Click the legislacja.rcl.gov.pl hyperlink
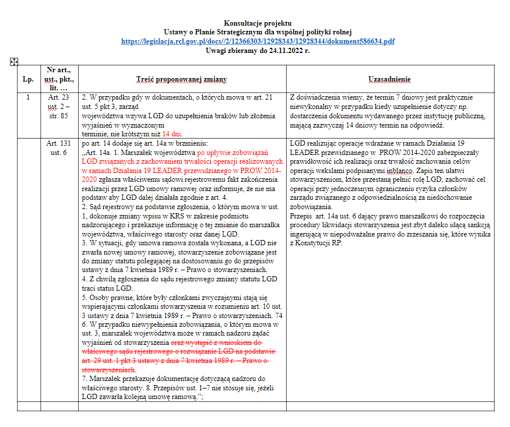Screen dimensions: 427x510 (x=258, y=41)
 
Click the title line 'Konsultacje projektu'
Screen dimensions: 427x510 (x=258, y=23)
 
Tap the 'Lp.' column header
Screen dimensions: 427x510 (x=28, y=78)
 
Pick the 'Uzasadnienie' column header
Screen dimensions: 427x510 (x=389, y=78)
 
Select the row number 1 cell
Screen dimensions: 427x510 (x=28, y=97)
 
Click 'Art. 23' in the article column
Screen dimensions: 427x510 (x=59, y=97)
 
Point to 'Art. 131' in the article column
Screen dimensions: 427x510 (x=59, y=143)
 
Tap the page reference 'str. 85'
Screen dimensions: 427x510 (x=59, y=115)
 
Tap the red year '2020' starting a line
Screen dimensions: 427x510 (x=90, y=181)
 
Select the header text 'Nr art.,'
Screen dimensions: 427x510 (x=59, y=69)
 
